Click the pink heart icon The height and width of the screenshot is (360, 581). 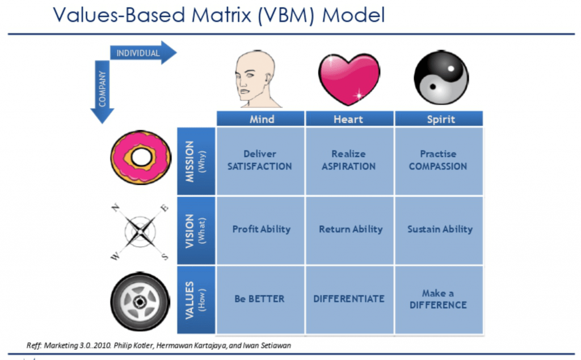click(349, 79)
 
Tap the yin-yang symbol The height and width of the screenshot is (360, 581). click(441, 78)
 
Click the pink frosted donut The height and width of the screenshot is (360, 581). click(141, 158)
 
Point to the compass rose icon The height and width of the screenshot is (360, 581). click(140, 232)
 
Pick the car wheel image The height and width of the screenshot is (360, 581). click(140, 302)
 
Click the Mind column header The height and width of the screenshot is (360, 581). click(260, 119)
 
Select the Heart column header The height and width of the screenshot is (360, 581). click(350, 119)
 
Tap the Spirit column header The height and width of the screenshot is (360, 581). click(439, 119)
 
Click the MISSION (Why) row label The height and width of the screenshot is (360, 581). click(196, 161)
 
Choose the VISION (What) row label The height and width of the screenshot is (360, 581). click(196, 231)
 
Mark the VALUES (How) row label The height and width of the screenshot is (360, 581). click(196, 300)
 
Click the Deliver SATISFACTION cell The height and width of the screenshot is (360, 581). click(260, 161)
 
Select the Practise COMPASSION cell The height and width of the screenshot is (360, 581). click(439, 161)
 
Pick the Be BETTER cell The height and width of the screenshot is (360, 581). click(260, 300)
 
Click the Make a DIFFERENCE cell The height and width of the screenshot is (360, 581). click(439, 300)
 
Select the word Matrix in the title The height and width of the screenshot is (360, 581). click(222, 15)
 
